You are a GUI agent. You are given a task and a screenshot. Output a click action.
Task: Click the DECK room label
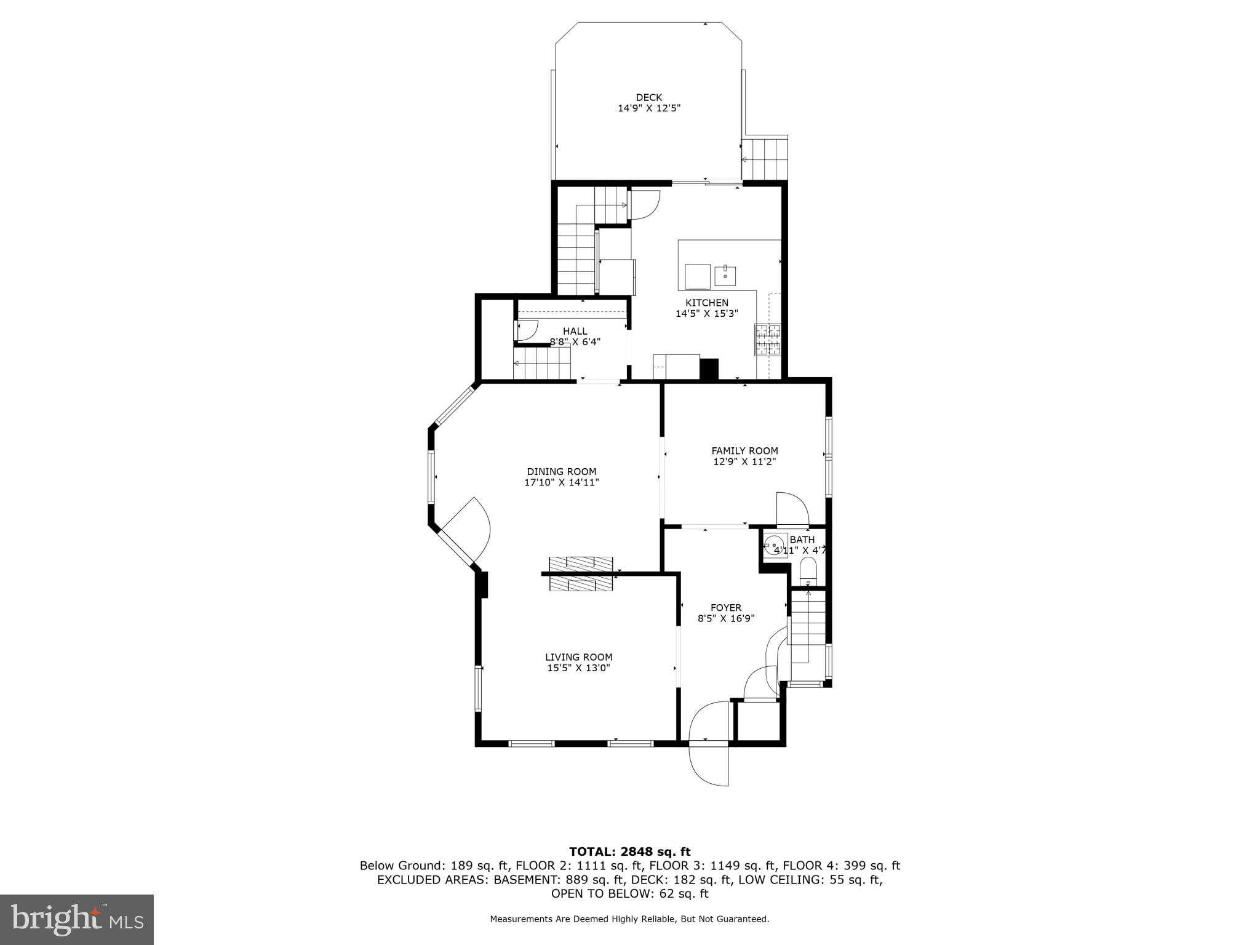pyautogui.click(x=648, y=97)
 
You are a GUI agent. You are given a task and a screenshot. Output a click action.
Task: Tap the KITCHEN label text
pyautogui.click(x=707, y=303)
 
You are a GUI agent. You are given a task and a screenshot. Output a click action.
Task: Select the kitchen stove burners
pyautogui.click(x=768, y=340)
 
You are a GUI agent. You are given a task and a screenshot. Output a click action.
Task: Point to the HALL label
pyautogui.click(x=575, y=331)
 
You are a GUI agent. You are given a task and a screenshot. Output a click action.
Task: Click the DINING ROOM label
pyautogui.click(x=561, y=472)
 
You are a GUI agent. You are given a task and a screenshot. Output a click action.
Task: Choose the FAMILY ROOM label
pyautogui.click(x=744, y=451)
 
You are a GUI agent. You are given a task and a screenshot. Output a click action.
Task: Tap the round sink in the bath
pyautogui.click(x=773, y=545)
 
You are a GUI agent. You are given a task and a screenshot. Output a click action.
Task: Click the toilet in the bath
pyautogui.click(x=807, y=572)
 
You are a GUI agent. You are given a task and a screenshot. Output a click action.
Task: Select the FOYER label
pyautogui.click(x=726, y=608)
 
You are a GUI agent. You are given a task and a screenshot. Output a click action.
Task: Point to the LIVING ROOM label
pyautogui.click(x=578, y=657)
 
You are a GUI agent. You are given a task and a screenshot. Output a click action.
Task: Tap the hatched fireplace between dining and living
pyautogui.click(x=581, y=574)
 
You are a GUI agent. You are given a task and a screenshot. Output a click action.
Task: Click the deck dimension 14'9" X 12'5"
pyautogui.click(x=648, y=108)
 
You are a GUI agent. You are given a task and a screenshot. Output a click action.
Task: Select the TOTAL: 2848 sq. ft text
pyautogui.click(x=629, y=852)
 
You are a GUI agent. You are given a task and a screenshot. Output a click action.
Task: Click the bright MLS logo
pyautogui.click(x=77, y=920)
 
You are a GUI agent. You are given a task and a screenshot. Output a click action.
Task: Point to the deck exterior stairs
pyautogui.click(x=765, y=159)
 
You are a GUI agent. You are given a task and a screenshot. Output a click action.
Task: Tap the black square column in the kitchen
pyautogui.click(x=709, y=369)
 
